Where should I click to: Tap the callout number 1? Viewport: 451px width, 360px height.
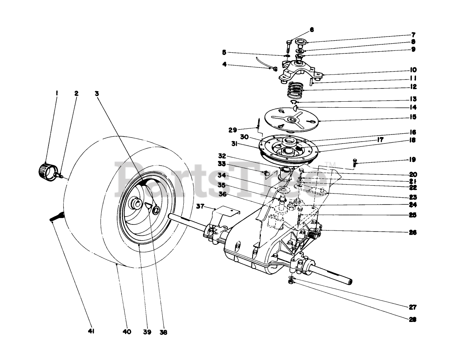(x=57, y=93)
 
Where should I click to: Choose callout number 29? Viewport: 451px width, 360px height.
(x=233, y=130)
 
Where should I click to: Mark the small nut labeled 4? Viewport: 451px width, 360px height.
(x=275, y=69)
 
